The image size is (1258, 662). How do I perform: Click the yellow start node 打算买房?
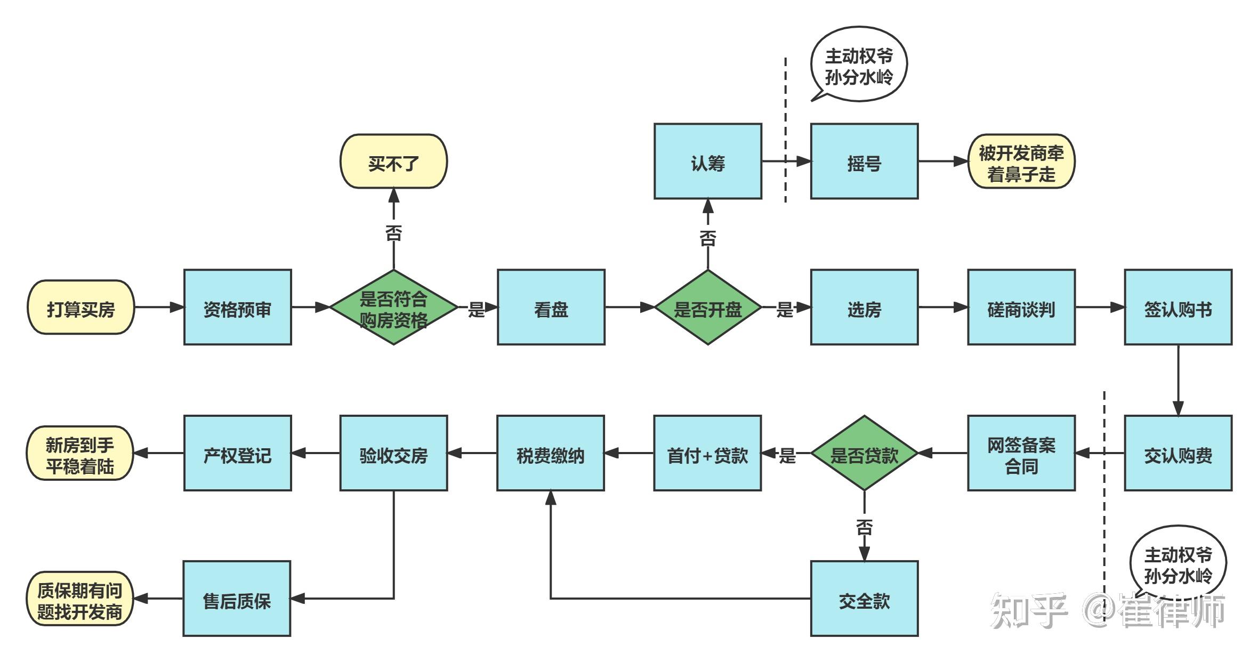[x=80, y=308]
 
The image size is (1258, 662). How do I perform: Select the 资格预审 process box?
[x=237, y=308]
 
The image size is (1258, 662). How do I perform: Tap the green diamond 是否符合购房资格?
[x=393, y=308]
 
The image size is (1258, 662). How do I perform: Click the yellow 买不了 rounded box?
[x=393, y=162]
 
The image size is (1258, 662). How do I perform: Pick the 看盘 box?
[x=551, y=308]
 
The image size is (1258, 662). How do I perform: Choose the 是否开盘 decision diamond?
[x=707, y=308]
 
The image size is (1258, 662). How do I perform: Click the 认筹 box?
[x=707, y=162]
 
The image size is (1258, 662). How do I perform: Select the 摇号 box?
[x=864, y=162]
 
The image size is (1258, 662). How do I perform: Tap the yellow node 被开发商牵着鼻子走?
[x=1021, y=162]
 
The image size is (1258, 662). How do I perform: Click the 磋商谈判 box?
[x=1021, y=308]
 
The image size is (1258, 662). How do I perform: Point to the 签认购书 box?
[x=1178, y=308]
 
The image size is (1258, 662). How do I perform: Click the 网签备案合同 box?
[x=1021, y=454]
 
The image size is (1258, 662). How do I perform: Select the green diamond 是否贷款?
[x=864, y=454]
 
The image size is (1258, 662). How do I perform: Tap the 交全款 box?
[x=864, y=599]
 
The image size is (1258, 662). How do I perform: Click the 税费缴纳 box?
[x=551, y=454]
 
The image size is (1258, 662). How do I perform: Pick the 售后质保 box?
[x=237, y=599]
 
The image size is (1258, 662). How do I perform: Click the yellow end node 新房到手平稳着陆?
[x=80, y=454]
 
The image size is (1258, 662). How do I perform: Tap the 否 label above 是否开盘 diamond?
[x=707, y=238]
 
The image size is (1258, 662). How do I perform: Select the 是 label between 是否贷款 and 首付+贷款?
[x=787, y=455]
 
